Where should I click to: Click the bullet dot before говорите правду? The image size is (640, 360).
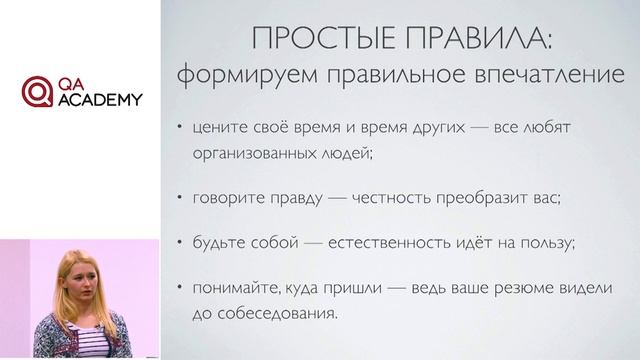tap(179, 198)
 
